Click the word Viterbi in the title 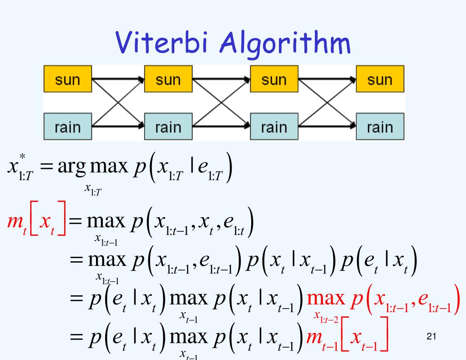click(167, 45)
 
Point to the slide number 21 click(432, 337)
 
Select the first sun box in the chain click(67, 79)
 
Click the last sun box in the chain click(380, 79)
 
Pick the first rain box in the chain click(67, 126)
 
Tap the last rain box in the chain click(380, 126)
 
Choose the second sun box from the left click(168, 79)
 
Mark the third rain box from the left click(274, 126)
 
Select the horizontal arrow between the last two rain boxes click(327, 126)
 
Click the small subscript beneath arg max click(93, 189)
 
